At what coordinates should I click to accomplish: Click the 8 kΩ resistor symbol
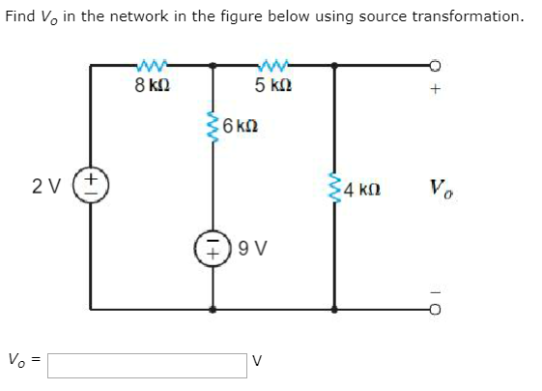[153, 65]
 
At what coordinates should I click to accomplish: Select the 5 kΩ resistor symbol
[273, 65]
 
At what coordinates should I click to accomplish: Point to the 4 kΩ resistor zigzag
[334, 188]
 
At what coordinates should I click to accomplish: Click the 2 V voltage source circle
[91, 185]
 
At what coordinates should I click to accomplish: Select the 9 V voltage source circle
[213, 248]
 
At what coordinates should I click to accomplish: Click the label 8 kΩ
[152, 85]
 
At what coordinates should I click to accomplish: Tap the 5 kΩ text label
[273, 85]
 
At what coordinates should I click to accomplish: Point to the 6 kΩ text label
[241, 126]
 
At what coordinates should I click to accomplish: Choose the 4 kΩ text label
[362, 190]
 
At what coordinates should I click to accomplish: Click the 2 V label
[46, 187]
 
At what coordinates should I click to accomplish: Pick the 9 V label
[253, 249]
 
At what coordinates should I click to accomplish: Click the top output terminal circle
[436, 65]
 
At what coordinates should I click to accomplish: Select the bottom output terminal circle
[436, 310]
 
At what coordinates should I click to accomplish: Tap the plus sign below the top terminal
[436, 89]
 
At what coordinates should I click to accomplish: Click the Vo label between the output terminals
[442, 190]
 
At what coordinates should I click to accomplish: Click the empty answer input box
[147, 366]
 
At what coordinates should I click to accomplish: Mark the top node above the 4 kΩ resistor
[334, 65]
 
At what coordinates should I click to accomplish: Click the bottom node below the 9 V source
[213, 310]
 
